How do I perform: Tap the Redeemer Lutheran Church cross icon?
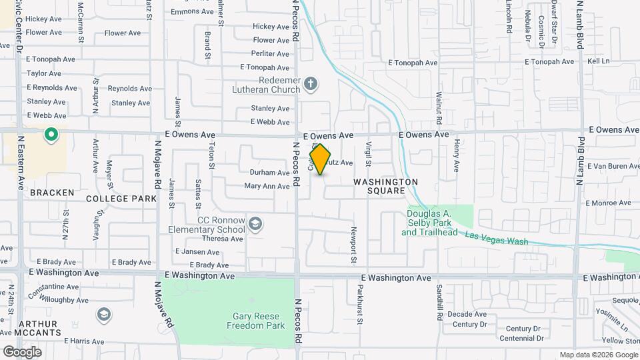309,84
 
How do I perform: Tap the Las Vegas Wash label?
497,237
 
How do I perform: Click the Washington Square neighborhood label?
385,186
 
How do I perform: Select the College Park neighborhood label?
121,199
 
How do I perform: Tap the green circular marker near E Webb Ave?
51,136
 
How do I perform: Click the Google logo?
22,352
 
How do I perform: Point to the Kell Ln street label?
599,61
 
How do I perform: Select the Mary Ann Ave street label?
267,186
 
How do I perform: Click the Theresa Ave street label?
223,238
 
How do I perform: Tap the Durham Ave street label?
269,172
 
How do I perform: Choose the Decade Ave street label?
467,314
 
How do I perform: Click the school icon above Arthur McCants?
104,314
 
